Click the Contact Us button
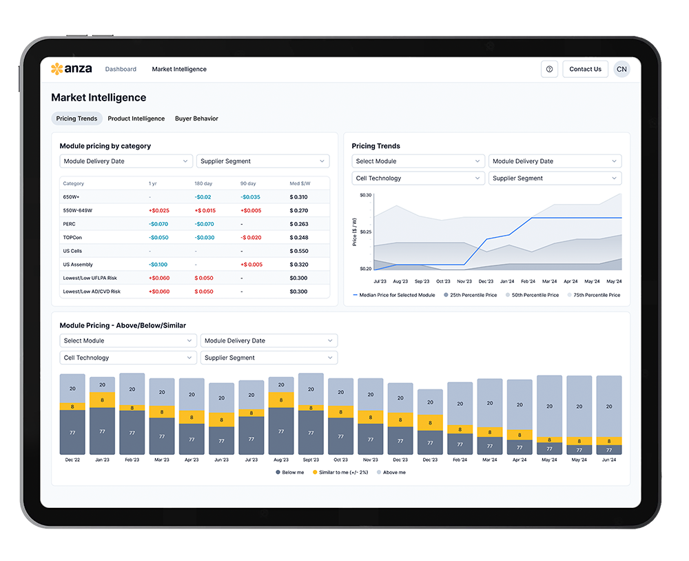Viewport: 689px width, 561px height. click(585, 69)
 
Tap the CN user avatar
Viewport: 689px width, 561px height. click(621, 69)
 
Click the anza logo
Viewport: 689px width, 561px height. click(71, 69)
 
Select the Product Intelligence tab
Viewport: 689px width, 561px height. click(136, 119)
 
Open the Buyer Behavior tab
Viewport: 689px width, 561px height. click(196, 119)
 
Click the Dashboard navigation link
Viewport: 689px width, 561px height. click(121, 69)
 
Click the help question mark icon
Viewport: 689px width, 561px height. click(549, 69)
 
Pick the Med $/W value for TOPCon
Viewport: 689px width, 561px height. click(299, 238)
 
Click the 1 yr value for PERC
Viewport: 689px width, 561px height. click(158, 224)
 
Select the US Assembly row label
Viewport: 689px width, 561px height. click(78, 265)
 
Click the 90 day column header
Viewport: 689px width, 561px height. click(248, 184)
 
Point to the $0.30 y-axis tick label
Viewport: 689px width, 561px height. click(365, 196)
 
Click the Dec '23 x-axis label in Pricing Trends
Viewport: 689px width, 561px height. click(486, 281)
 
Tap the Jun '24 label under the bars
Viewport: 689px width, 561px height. click(609, 460)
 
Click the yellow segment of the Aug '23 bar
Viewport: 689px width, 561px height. click(280, 399)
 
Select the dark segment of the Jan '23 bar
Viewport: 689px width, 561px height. click(102, 431)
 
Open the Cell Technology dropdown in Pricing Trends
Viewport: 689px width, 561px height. click(418, 178)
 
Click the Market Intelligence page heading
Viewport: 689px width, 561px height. click(99, 98)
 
